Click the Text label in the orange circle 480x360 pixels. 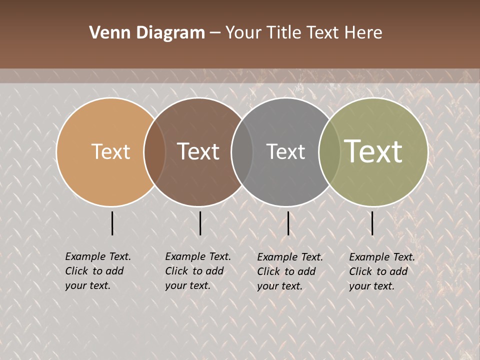click(x=110, y=151)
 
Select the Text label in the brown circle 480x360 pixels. click(x=198, y=151)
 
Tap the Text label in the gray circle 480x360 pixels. click(x=285, y=151)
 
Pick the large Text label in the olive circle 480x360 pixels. click(x=373, y=151)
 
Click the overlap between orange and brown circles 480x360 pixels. click(x=154, y=152)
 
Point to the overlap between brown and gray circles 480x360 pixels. click(x=242, y=152)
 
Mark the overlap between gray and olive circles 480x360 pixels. click(x=329, y=152)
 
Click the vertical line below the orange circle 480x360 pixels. click(x=112, y=223)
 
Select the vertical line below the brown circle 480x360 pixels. click(x=200, y=223)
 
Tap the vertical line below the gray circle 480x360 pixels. click(x=288, y=223)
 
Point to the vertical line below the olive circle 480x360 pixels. click(x=372, y=223)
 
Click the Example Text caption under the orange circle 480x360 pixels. click(x=97, y=271)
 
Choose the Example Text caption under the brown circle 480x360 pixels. click(x=197, y=271)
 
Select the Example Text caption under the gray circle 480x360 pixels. click(x=289, y=271)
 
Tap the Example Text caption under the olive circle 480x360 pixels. click(x=381, y=271)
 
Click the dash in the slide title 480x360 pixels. click(x=215, y=33)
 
